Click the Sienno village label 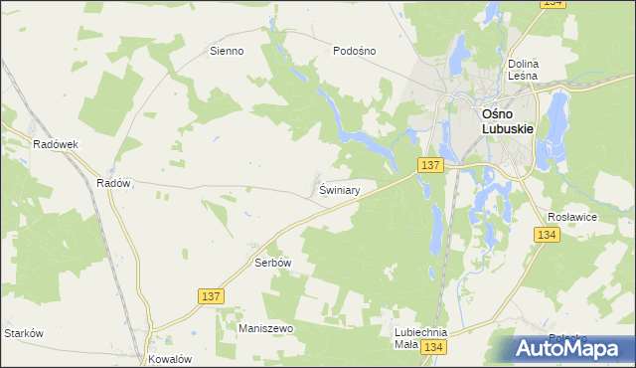coord(226,51)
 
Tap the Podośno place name coord(355,51)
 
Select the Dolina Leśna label coord(522,69)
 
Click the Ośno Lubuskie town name coord(508,120)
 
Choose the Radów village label coord(113,183)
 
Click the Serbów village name coord(271,264)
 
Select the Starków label coord(24,333)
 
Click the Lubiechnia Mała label coord(420,338)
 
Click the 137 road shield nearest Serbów coord(211,296)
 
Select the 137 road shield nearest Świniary coord(430,165)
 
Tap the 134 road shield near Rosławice coord(546,235)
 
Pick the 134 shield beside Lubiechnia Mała coord(431,346)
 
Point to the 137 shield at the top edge coord(555,4)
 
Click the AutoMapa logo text coord(576,348)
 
